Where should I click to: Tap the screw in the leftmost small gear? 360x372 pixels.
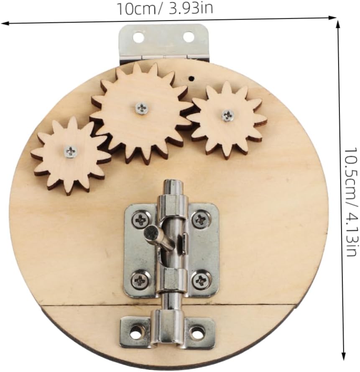(70, 151)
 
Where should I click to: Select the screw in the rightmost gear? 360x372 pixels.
(227, 115)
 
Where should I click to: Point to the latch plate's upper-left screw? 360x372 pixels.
(141, 219)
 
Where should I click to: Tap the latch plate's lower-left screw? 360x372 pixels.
(140, 281)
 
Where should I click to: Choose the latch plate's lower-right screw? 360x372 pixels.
(200, 280)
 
